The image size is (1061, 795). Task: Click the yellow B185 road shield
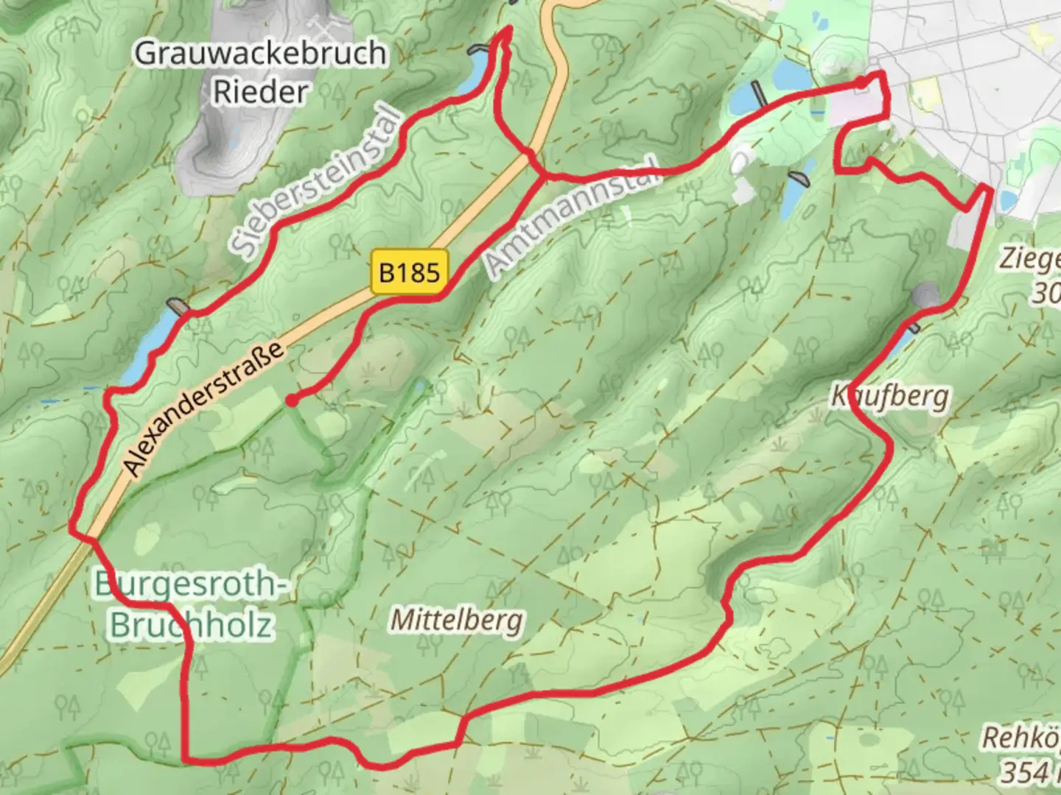(x=410, y=273)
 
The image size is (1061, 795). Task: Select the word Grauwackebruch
(x=260, y=54)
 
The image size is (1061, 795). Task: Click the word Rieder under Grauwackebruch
(x=260, y=92)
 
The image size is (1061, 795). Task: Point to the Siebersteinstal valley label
(x=318, y=183)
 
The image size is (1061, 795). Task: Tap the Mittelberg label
(x=457, y=620)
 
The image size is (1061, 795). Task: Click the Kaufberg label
(x=890, y=396)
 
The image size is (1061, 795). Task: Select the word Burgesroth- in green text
(x=188, y=585)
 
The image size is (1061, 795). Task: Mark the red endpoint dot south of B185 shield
(x=293, y=400)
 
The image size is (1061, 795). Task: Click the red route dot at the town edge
(x=861, y=83)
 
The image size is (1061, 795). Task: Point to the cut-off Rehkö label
(x=1020, y=738)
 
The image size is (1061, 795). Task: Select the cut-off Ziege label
(x=1029, y=259)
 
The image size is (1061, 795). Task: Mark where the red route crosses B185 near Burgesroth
(x=91, y=538)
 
